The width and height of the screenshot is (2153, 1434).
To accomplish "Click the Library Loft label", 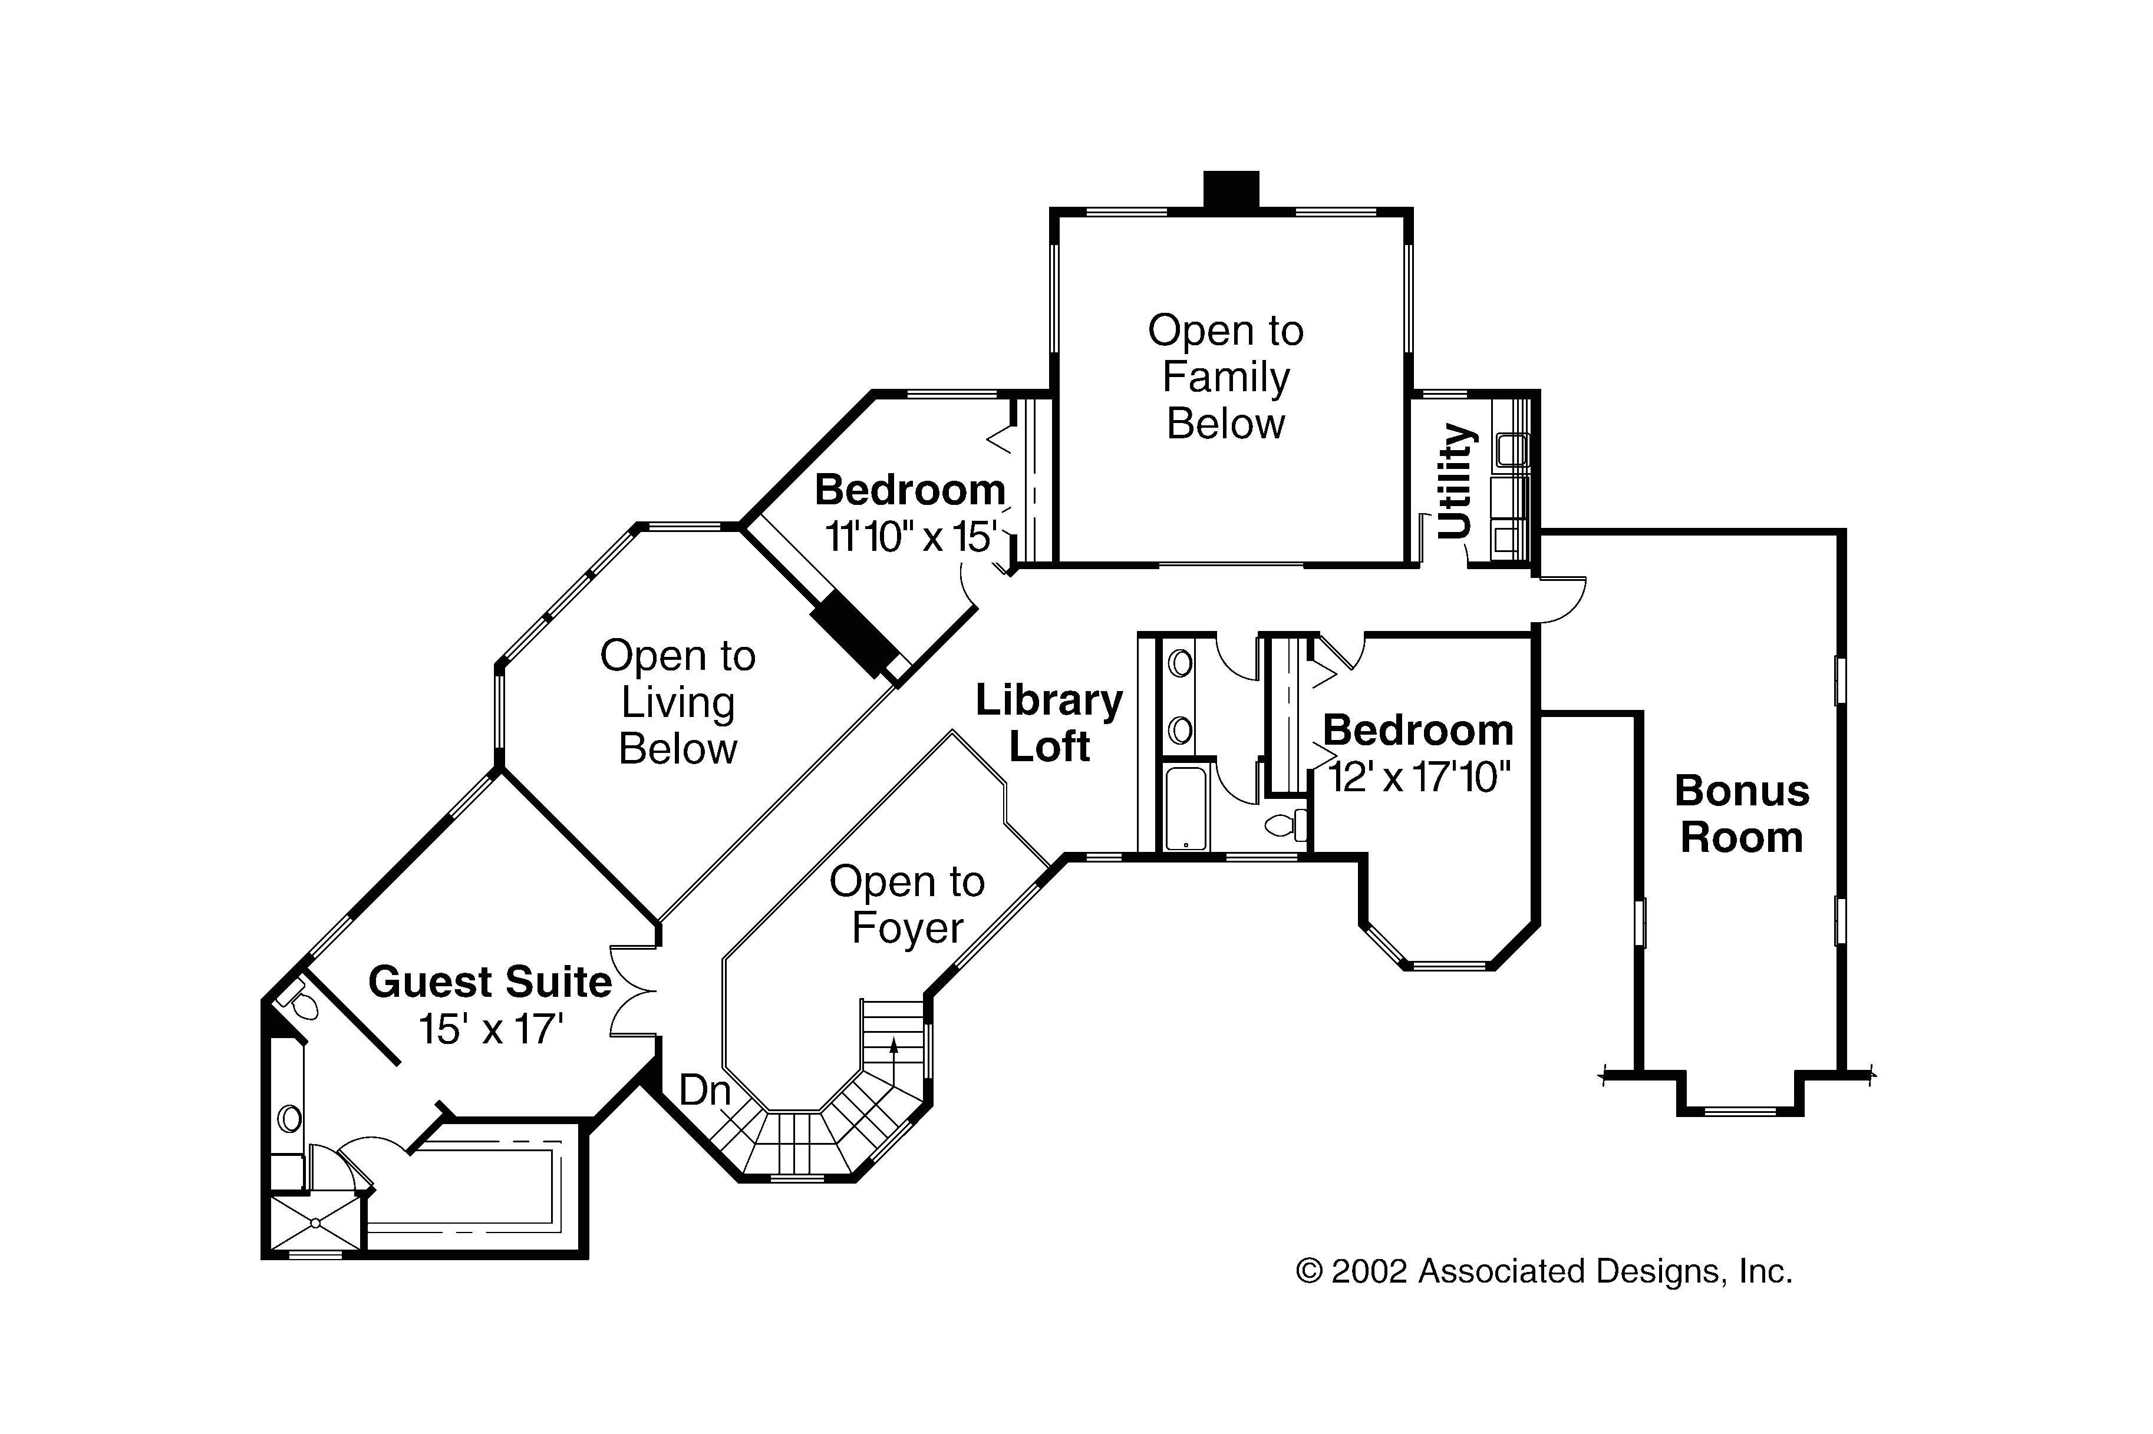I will tap(1049, 723).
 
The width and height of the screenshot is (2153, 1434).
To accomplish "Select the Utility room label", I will tap(1456, 481).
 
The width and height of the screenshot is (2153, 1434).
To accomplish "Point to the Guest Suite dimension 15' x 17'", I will tap(490, 1030).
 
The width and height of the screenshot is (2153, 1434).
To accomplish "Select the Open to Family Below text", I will tap(1225, 377).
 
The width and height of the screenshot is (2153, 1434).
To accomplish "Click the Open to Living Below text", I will tap(678, 702).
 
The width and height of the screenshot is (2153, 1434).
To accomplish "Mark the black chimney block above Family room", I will tap(1231, 189).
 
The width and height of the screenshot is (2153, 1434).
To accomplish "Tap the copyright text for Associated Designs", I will tap(1544, 1271).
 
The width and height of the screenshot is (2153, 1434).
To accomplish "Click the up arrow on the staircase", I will tap(893, 1047).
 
